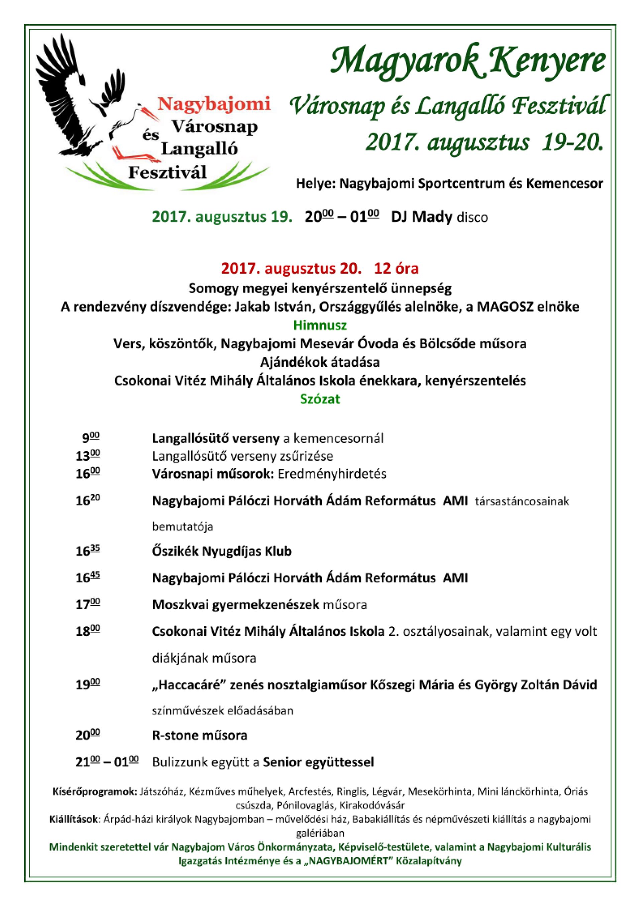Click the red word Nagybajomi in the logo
pyautogui.click(x=214, y=104)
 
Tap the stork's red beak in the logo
pyautogui.click(x=148, y=111)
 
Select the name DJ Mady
pyautogui.click(x=421, y=217)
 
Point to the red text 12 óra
pyautogui.click(x=396, y=269)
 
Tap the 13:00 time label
pyautogui.click(x=88, y=456)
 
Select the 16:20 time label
pyautogui.click(x=88, y=501)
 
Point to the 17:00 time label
pyautogui.click(x=88, y=604)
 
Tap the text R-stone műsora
pyautogui.click(x=200, y=736)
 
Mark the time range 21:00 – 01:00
pyautogui.click(x=107, y=762)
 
